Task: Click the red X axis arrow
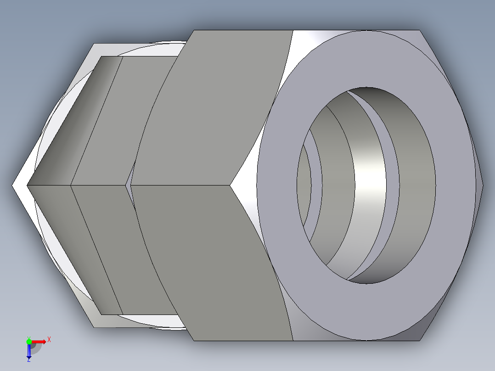[x=39, y=342]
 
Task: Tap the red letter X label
[x=49, y=340]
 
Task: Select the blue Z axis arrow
[x=29, y=351]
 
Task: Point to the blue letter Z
[x=28, y=360]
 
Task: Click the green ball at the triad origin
[x=29, y=341]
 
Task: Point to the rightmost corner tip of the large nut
[x=482, y=185]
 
